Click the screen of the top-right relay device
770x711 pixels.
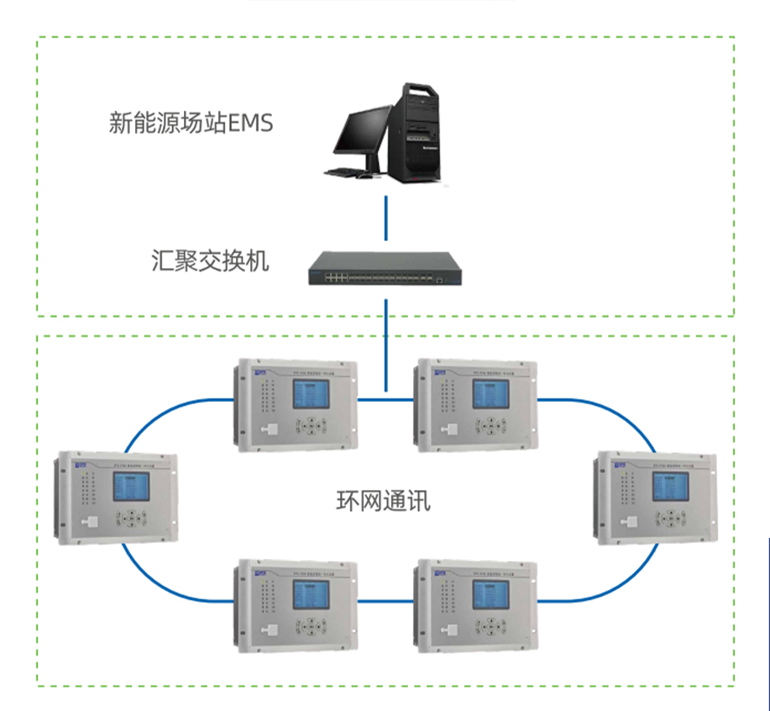coord(489,394)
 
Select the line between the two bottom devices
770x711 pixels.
coord(386,600)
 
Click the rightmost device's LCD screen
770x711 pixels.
coord(670,486)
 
